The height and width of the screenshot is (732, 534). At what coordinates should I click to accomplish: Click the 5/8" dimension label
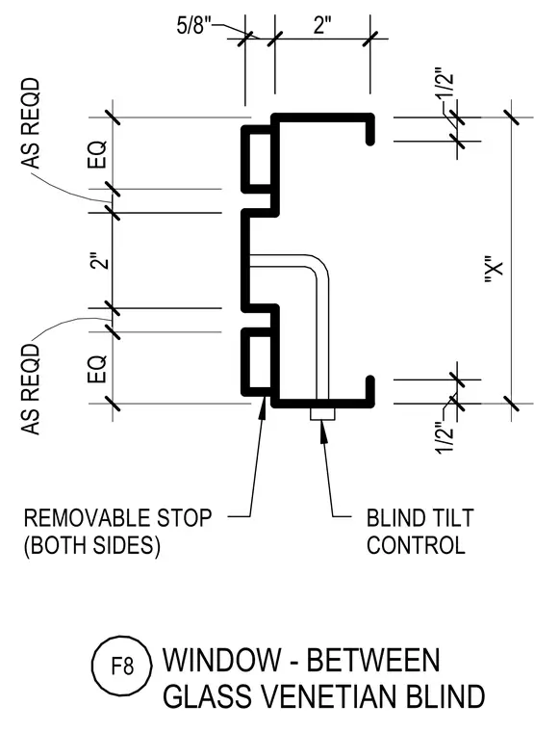coord(191,25)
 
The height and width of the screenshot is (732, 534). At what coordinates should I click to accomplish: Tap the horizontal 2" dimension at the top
coord(321,25)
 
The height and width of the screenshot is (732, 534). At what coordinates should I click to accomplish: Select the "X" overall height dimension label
coord(495,270)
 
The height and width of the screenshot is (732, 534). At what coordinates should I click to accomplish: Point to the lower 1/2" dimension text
coord(445,437)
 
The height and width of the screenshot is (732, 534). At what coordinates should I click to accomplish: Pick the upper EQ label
coord(97,154)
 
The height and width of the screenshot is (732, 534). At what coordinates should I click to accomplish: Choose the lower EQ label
coord(97,369)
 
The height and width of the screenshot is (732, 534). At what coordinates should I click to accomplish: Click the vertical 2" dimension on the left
coord(100,261)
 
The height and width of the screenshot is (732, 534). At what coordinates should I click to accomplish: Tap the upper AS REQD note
coord(31,123)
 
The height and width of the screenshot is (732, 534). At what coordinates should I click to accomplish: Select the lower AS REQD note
coord(31,389)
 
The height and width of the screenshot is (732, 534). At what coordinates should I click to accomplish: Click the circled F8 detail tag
coord(122,666)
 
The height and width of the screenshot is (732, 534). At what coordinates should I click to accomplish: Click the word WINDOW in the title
coord(222,660)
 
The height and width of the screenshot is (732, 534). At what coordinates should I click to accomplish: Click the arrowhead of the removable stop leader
coord(263,405)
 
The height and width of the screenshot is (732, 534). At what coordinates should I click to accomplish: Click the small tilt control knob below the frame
coord(322,414)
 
